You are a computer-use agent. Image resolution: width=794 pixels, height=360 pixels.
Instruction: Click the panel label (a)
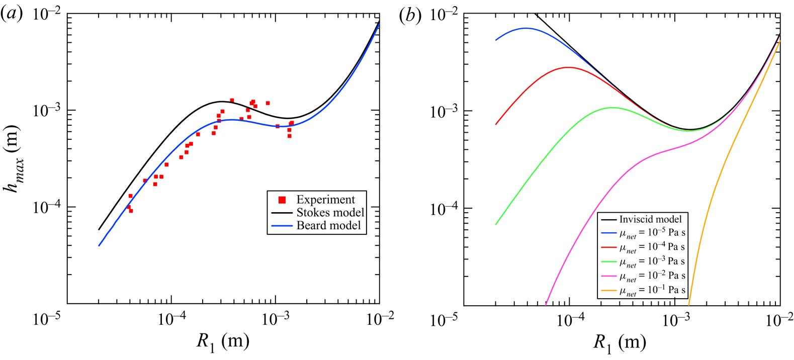pyautogui.click(x=12, y=15)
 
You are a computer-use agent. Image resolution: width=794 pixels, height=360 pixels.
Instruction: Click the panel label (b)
pyautogui.click(x=410, y=15)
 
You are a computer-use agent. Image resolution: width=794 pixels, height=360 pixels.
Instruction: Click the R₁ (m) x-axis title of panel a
pyautogui.click(x=222, y=342)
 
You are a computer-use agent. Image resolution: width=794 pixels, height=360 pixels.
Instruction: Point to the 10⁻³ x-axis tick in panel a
pyautogui.click(x=275, y=319)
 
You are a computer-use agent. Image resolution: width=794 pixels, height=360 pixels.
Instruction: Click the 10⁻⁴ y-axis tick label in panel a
pyautogui.click(x=46, y=207)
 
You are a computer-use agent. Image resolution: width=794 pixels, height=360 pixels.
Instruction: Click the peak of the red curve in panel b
pyautogui.click(x=568, y=67)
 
